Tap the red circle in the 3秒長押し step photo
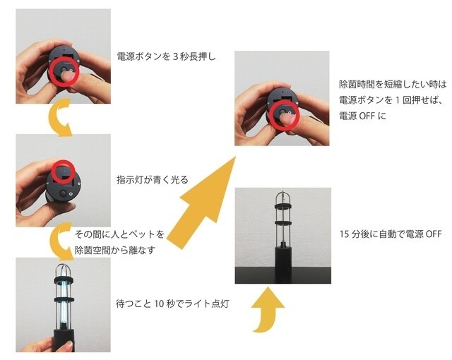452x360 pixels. [x=64, y=72]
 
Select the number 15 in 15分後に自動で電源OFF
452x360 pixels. [x=345, y=234]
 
